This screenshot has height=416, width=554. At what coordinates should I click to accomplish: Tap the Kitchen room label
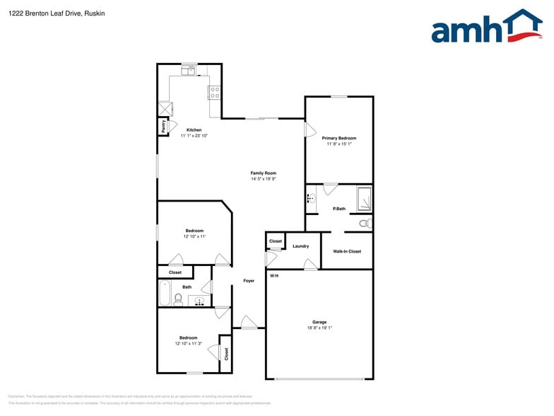click(194, 130)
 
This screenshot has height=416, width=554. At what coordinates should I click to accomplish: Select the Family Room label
click(263, 173)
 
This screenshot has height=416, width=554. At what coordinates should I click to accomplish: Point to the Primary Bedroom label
click(338, 138)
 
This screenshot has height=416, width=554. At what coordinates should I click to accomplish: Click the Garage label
click(319, 322)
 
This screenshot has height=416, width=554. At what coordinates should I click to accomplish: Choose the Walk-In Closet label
click(347, 251)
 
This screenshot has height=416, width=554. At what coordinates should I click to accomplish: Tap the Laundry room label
click(300, 246)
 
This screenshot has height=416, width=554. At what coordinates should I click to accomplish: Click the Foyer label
click(249, 281)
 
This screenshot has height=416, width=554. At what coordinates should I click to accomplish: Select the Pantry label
click(163, 127)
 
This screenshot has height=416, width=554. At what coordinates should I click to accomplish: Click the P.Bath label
click(339, 209)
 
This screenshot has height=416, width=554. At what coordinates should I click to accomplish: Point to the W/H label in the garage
click(273, 275)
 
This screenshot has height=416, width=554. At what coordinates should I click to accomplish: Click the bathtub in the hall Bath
click(165, 294)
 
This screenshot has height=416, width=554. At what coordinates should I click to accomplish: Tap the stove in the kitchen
click(215, 92)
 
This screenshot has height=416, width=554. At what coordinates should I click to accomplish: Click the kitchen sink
click(189, 70)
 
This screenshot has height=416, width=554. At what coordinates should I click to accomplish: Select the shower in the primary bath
click(363, 199)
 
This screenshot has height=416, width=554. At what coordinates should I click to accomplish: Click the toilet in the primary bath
click(365, 224)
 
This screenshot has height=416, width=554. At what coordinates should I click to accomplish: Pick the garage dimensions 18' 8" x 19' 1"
click(319, 328)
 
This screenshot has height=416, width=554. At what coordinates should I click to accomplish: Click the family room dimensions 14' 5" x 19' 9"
click(263, 179)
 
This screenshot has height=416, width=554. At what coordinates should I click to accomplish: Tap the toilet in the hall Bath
click(178, 300)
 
